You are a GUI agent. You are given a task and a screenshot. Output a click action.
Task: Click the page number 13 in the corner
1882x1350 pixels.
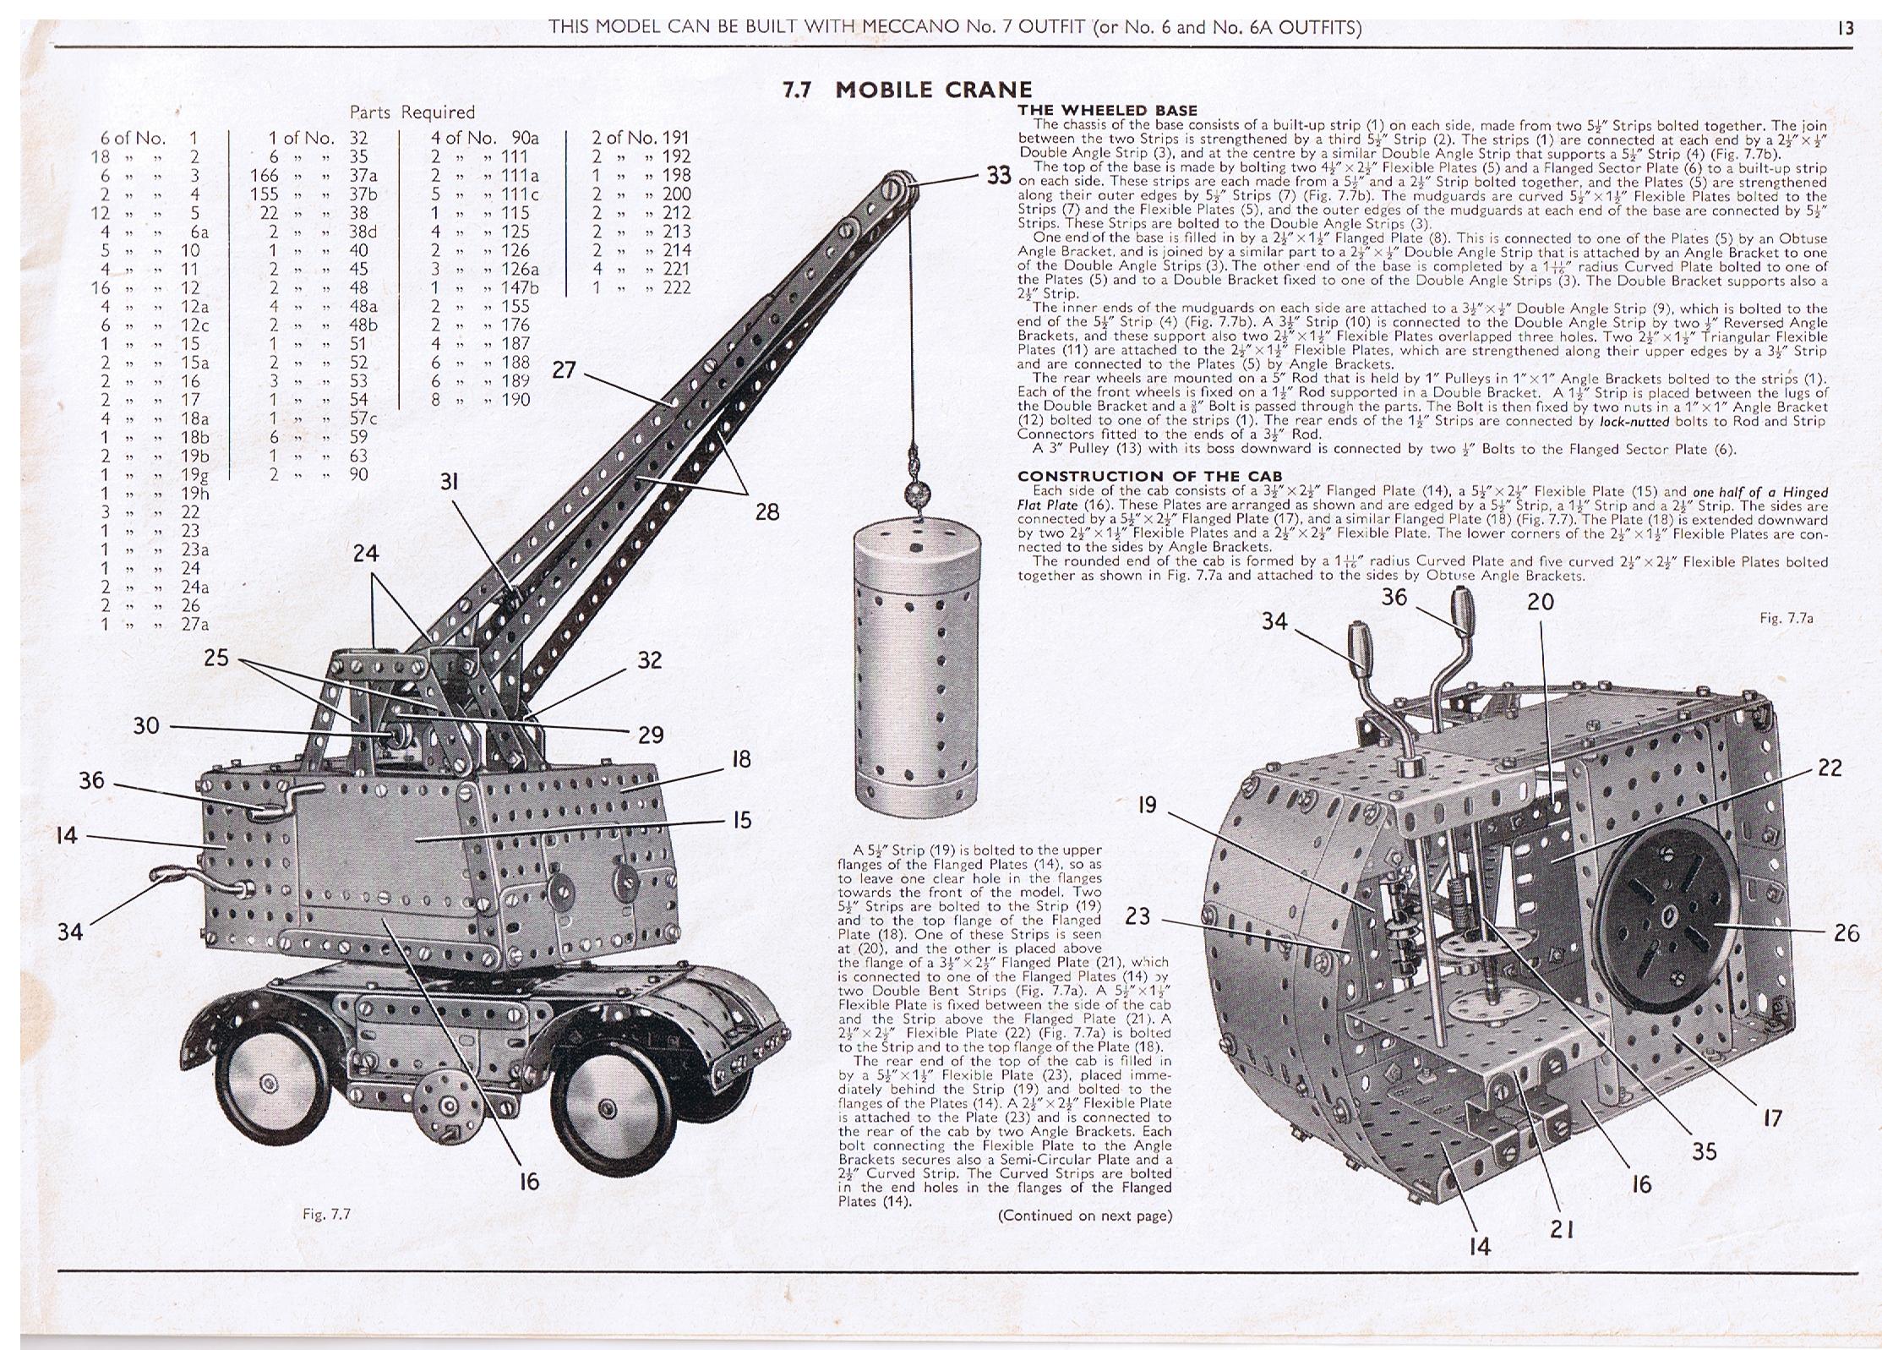tap(1845, 29)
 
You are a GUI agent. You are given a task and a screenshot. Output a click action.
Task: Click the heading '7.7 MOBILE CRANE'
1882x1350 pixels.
tap(908, 90)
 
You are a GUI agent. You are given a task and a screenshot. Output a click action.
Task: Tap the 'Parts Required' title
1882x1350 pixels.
tap(412, 112)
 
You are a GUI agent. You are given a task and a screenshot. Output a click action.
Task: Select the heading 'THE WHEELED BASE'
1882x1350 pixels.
tap(1107, 111)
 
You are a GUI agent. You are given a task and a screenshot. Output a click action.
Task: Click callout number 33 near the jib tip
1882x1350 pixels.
tap(999, 176)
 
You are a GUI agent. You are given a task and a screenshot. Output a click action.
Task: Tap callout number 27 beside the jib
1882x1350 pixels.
tap(565, 370)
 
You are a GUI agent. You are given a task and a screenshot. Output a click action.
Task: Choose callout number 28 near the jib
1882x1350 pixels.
tap(767, 511)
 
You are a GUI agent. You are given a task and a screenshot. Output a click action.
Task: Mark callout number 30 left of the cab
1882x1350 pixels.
tap(146, 725)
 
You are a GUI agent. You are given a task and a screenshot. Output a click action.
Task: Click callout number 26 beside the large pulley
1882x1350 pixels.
tap(1847, 932)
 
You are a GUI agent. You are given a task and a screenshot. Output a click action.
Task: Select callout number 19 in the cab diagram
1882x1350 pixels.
tap(1147, 805)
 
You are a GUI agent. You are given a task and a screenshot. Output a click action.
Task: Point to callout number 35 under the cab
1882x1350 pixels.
tap(1704, 1151)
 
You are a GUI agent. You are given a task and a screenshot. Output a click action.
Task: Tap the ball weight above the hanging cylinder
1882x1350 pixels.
tap(915, 492)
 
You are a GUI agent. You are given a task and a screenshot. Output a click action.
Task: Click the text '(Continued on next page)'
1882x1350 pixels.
tap(1084, 1216)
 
